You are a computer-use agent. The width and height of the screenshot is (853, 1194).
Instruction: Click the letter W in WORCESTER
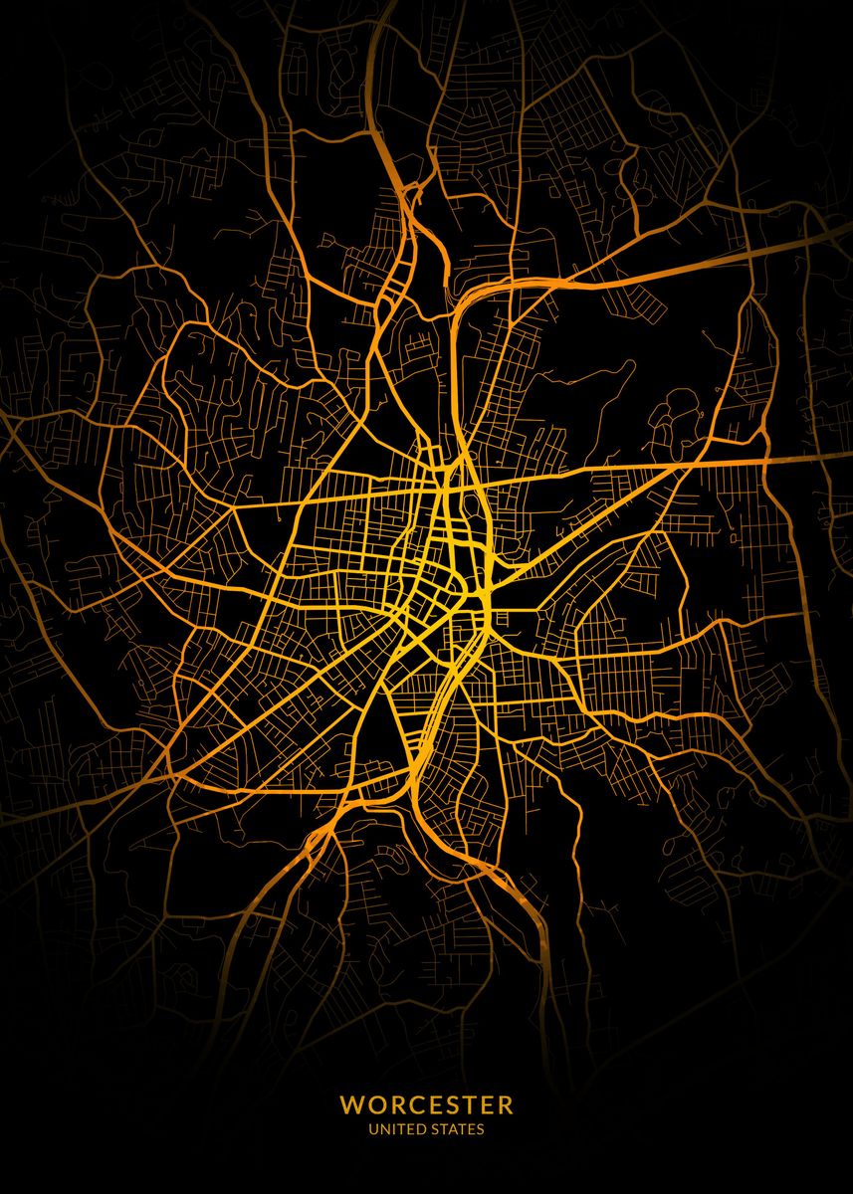click(350, 1105)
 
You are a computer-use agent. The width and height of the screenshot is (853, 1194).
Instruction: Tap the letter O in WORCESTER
click(373, 1105)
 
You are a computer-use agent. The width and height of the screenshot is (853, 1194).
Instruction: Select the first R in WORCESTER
click(394, 1105)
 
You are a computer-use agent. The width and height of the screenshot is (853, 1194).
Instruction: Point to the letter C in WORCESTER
click(414, 1105)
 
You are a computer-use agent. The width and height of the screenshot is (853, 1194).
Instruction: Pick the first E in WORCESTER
click(433, 1105)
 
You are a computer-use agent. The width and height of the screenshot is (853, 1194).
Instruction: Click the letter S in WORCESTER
click(451, 1105)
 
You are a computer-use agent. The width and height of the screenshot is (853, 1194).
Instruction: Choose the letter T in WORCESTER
click(469, 1105)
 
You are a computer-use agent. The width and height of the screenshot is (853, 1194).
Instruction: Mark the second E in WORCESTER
click(487, 1105)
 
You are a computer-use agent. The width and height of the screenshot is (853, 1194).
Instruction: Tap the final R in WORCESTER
click(506, 1105)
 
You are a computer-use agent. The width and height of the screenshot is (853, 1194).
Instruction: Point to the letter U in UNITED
click(373, 1129)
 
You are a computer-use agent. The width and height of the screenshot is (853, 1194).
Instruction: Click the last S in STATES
click(482, 1129)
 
